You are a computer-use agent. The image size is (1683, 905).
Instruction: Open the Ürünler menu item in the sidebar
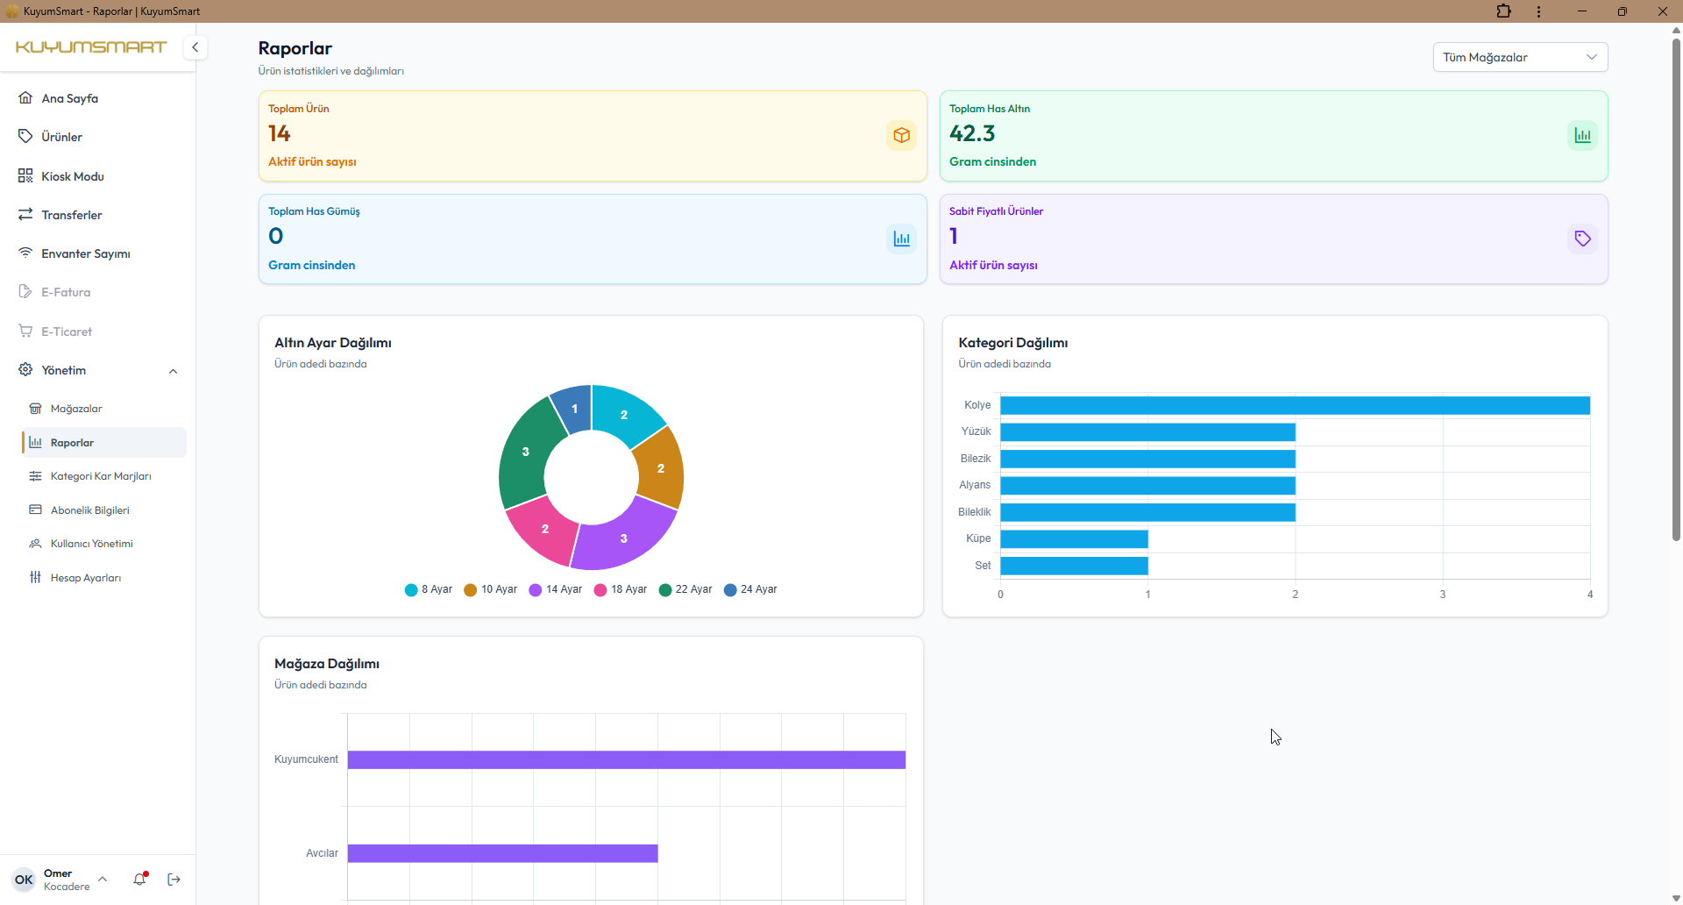coord(61,137)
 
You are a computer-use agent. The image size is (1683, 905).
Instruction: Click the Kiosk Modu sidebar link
coord(72,176)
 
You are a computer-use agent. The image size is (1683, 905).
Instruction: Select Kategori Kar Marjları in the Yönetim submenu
coord(100,476)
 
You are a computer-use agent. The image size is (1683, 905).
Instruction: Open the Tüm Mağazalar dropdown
coord(1520,57)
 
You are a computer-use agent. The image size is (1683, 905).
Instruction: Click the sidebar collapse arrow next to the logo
coord(195,47)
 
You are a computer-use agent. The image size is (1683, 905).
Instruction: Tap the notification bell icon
coord(139,879)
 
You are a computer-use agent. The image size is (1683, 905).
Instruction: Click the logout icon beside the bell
coord(174,879)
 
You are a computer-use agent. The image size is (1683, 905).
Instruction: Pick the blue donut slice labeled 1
coord(572,409)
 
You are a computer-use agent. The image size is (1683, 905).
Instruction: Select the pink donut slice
coord(543,530)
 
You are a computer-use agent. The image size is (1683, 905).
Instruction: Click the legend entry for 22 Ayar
coord(685,589)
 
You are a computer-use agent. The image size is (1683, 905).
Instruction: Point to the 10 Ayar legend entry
coord(491,589)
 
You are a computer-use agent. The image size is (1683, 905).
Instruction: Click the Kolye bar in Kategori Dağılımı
coord(1295,405)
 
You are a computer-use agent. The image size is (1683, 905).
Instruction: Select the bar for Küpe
coord(1074,538)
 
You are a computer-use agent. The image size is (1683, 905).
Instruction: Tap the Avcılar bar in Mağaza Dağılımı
coord(502,853)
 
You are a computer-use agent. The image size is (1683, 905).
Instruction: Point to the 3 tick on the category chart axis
coord(1443,595)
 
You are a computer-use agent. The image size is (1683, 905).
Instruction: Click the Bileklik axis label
coord(974,512)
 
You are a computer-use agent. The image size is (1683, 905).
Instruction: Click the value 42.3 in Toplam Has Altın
coord(972,133)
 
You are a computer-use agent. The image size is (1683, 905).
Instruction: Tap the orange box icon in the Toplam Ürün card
coord(901,135)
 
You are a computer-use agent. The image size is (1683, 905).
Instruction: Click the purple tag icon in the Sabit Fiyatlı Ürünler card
coord(1582,239)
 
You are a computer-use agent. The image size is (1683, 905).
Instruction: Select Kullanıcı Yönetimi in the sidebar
coord(91,544)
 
